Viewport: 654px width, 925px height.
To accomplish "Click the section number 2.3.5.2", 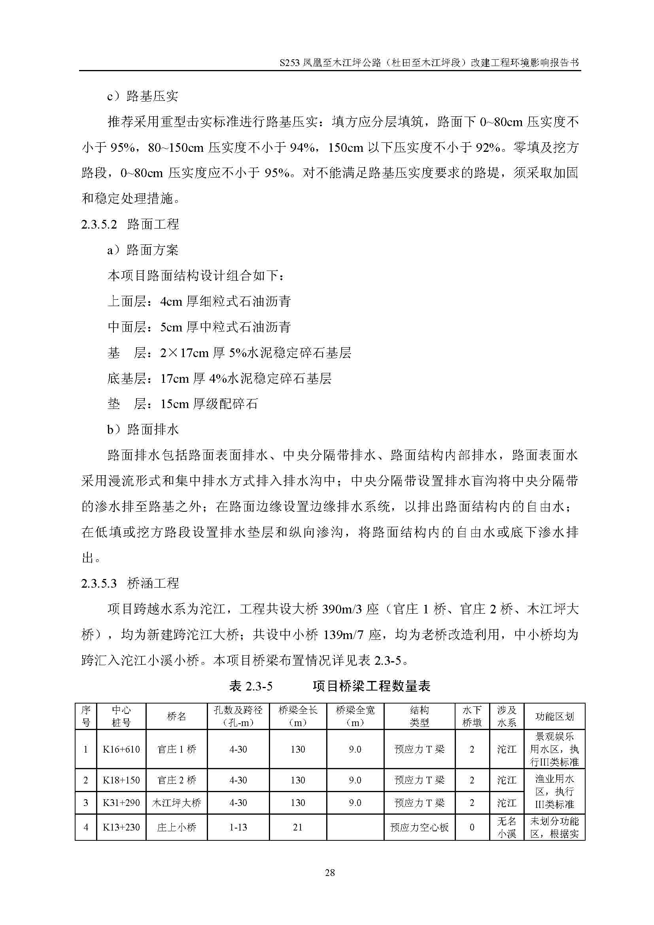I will click(99, 224).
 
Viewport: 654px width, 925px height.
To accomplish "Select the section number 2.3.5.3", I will click(99, 583).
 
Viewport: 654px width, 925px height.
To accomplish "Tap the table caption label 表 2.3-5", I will click(250, 686).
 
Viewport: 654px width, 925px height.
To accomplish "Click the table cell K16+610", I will click(121, 749).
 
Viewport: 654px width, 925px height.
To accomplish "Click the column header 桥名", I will click(176, 716).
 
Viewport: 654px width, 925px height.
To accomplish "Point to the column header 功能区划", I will click(554, 716).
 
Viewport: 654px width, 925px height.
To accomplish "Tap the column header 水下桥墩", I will click(472, 716).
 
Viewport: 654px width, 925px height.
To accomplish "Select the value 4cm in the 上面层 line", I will click(171, 302).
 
